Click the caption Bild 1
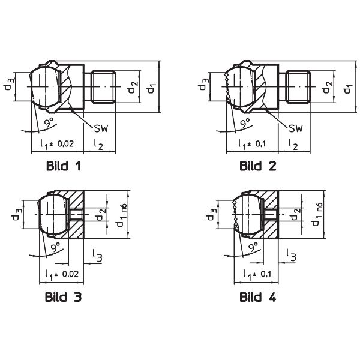64,166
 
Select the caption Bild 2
257,166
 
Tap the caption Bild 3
63,296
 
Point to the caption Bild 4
257,296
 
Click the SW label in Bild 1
101,128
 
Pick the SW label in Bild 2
296,128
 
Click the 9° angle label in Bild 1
49,122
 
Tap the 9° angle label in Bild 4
253,247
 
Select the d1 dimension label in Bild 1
152,88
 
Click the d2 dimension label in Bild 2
328,87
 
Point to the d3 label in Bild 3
17,214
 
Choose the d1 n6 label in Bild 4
318,214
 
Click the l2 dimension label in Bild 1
98,144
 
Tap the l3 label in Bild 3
97,256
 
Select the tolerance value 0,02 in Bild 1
65,144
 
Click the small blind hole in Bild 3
76,214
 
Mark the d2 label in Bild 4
296,214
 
